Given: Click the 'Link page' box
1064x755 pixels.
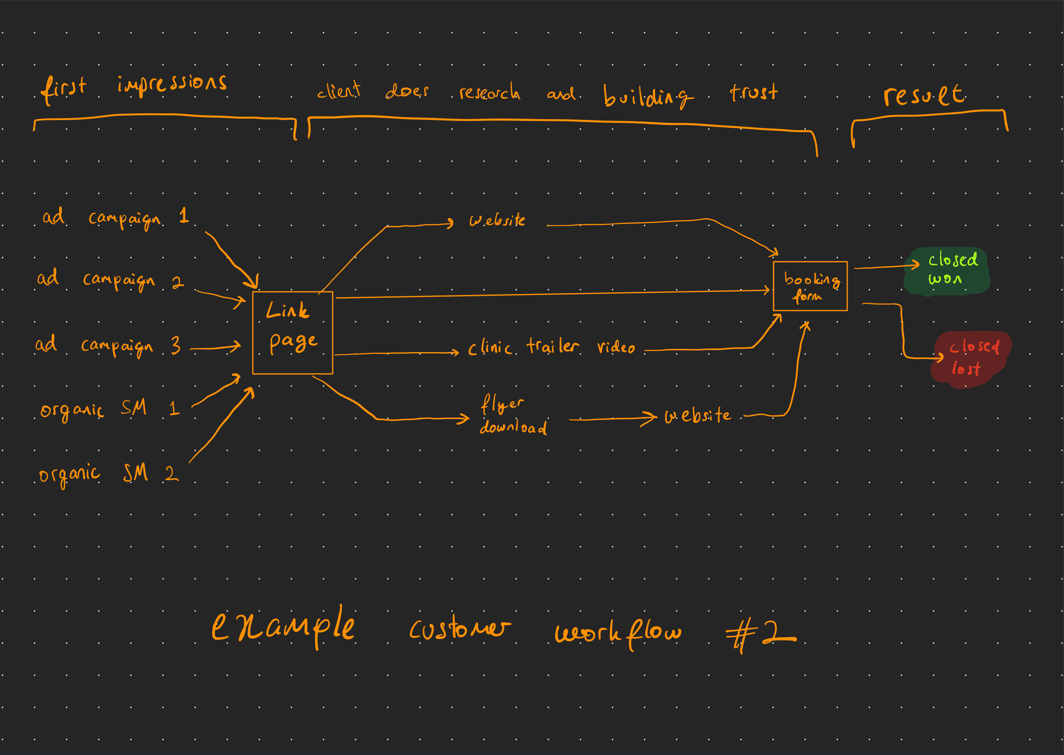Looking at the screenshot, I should tap(292, 332).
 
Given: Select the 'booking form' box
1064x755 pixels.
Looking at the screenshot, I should tap(810, 286).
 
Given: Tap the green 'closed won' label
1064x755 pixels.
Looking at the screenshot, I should tap(947, 270).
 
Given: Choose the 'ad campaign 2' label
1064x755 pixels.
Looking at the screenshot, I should tap(110, 279).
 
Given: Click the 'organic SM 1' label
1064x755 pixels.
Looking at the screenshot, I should tap(110, 409).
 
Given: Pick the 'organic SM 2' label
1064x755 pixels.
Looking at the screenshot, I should tap(109, 474).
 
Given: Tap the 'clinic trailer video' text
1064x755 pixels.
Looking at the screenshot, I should tap(551, 347).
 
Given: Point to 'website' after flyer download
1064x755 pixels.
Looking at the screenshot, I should tap(697, 415).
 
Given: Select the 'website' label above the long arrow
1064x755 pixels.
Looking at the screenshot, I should tap(497, 220).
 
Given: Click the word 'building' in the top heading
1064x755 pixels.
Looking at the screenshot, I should tap(647, 96).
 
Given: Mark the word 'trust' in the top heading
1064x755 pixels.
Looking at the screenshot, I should tap(753, 91).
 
